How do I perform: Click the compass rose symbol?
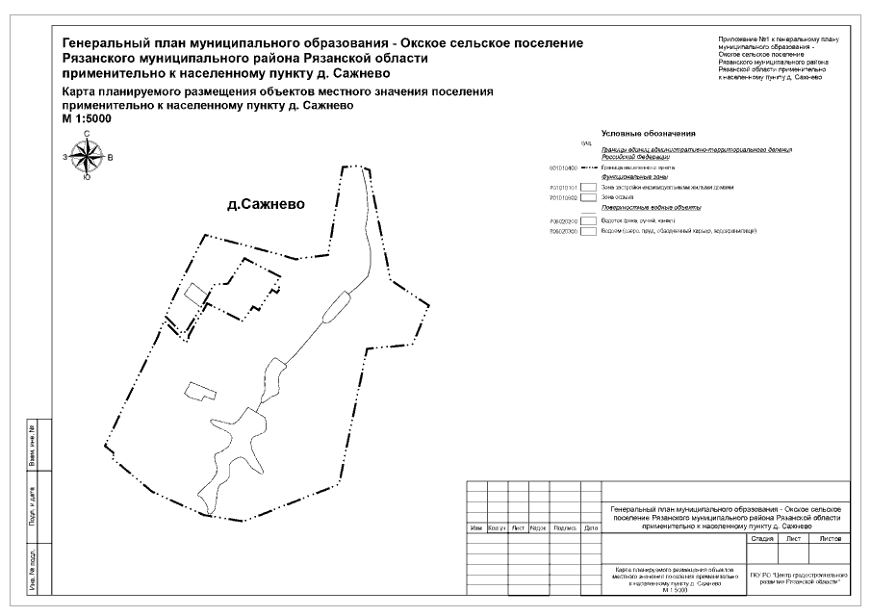[88, 156]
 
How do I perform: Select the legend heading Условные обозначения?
[648, 133]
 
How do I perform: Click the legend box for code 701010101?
[587, 187]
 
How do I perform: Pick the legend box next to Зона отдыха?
[587, 196]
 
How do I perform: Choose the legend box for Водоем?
[587, 231]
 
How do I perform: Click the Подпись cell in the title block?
[565, 528]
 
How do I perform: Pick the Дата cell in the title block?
[590, 528]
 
